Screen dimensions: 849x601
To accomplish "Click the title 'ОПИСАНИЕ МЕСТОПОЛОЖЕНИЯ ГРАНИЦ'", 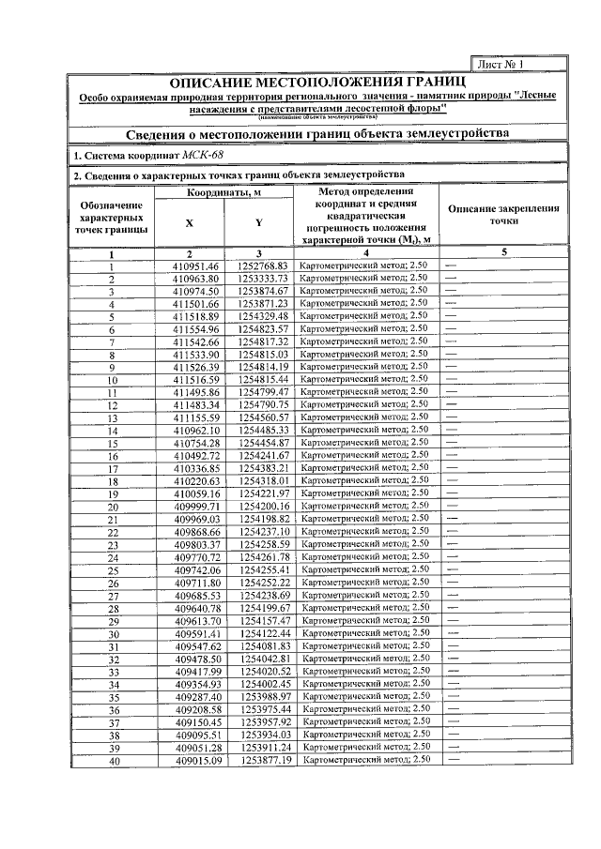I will tap(317, 84).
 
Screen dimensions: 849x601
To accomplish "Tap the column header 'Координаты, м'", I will tap(223, 193).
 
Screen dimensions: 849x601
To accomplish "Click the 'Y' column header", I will tap(258, 223).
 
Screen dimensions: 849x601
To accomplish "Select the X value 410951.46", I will tap(195, 266).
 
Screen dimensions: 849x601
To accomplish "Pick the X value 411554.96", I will tap(195, 329).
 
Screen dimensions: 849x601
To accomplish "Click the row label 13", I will tap(111, 417).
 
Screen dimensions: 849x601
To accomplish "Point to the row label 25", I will tap(111, 569).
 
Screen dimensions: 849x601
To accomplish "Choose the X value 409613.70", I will tap(195, 620).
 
